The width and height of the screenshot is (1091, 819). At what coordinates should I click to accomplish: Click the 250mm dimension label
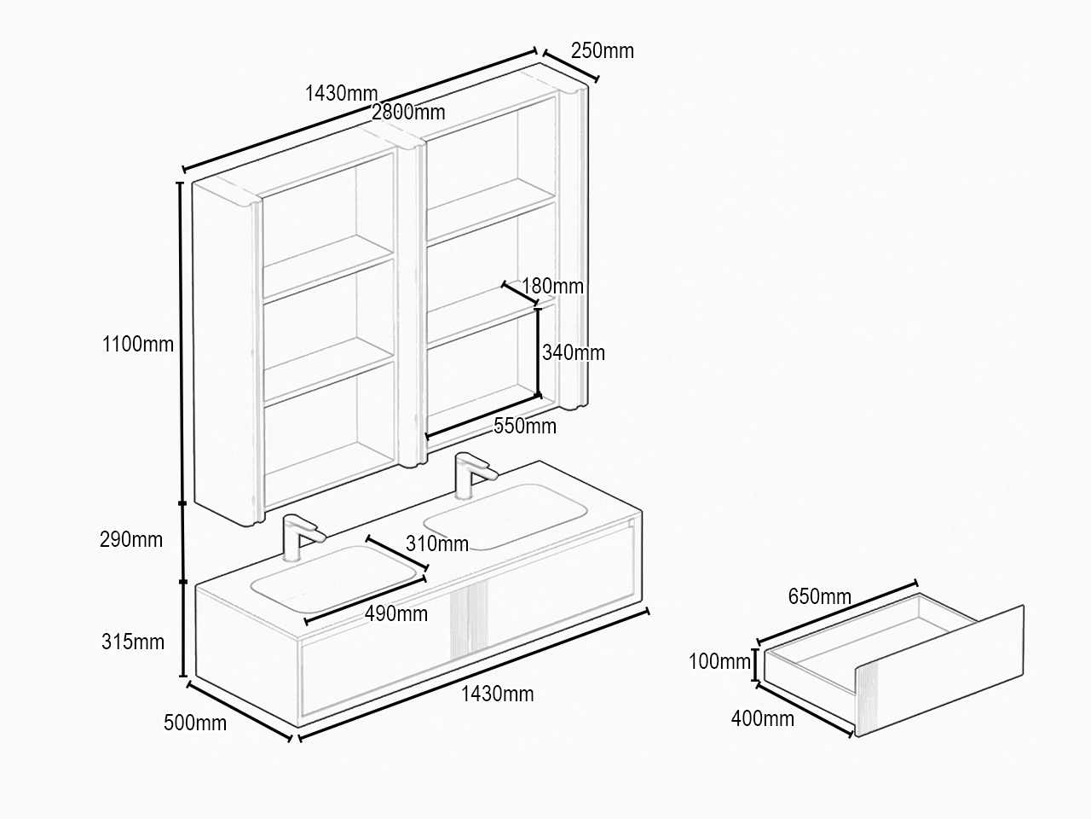click(603, 50)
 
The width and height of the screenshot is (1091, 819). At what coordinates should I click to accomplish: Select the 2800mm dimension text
click(408, 113)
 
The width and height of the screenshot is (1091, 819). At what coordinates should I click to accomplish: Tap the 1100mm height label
click(138, 344)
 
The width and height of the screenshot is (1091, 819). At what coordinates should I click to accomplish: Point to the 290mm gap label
click(131, 539)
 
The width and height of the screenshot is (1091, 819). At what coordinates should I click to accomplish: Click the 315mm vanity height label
click(133, 642)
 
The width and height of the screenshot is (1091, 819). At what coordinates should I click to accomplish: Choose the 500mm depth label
click(195, 723)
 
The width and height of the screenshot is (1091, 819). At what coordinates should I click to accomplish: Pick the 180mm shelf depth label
click(552, 287)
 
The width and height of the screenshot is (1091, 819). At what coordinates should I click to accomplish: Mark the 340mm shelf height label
click(574, 353)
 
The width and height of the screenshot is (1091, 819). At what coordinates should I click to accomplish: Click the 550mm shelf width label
click(525, 427)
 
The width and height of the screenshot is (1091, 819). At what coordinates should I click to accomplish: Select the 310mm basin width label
click(437, 544)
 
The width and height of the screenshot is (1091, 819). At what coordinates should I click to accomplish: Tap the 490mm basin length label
click(396, 614)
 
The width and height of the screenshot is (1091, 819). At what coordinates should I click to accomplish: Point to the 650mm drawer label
click(820, 596)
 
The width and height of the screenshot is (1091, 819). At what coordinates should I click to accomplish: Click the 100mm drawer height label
click(719, 661)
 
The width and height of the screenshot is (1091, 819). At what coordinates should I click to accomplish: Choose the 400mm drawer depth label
click(763, 719)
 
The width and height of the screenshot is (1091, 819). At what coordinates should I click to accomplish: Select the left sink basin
click(334, 579)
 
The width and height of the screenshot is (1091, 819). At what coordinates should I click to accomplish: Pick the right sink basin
click(505, 517)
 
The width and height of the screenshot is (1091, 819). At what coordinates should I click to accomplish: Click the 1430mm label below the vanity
click(497, 694)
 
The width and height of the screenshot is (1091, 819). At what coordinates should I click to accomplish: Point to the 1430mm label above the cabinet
click(341, 94)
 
